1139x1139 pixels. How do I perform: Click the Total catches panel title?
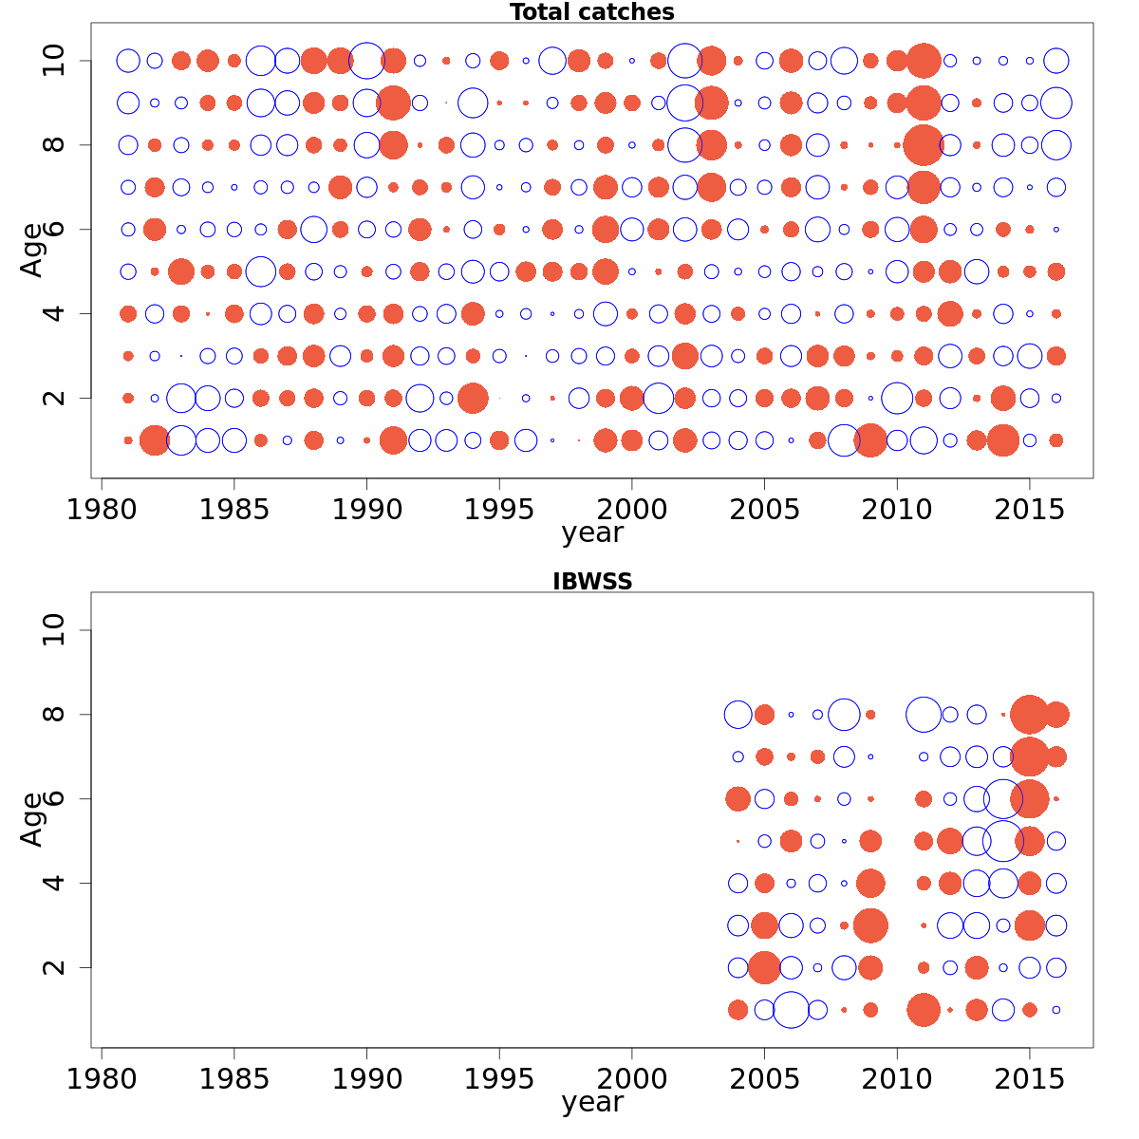(x=591, y=12)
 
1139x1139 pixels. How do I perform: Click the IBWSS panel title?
(x=591, y=582)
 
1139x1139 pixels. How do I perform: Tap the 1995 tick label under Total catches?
(x=498, y=510)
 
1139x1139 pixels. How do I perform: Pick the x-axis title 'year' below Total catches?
(x=591, y=532)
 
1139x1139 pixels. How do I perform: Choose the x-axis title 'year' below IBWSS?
(x=591, y=1102)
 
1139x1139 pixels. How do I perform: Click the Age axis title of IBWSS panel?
(x=32, y=819)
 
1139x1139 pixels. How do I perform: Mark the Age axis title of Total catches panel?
(x=32, y=250)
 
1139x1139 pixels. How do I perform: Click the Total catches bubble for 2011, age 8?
(x=923, y=145)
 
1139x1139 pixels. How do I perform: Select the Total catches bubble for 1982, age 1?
(x=155, y=440)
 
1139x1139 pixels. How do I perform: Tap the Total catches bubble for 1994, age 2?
(x=473, y=398)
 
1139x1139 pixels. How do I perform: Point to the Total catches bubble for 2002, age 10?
(x=684, y=61)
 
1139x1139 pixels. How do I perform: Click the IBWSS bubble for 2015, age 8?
(x=1030, y=715)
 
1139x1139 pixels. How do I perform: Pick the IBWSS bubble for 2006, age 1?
(x=791, y=1010)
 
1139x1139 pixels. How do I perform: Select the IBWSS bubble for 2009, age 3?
(x=870, y=925)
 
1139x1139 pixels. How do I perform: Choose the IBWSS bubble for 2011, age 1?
(x=923, y=1010)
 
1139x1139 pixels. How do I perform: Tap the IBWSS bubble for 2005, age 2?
(x=764, y=968)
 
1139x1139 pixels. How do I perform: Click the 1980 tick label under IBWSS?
(x=102, y=1079)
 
